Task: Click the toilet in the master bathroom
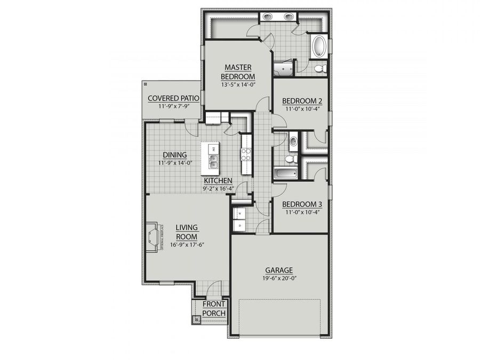[319, 68]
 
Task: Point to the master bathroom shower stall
[283, 68]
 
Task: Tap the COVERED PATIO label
[173, 98]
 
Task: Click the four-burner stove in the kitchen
[246, 155]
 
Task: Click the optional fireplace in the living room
[154, 236]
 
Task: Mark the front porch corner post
[196, 319]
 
